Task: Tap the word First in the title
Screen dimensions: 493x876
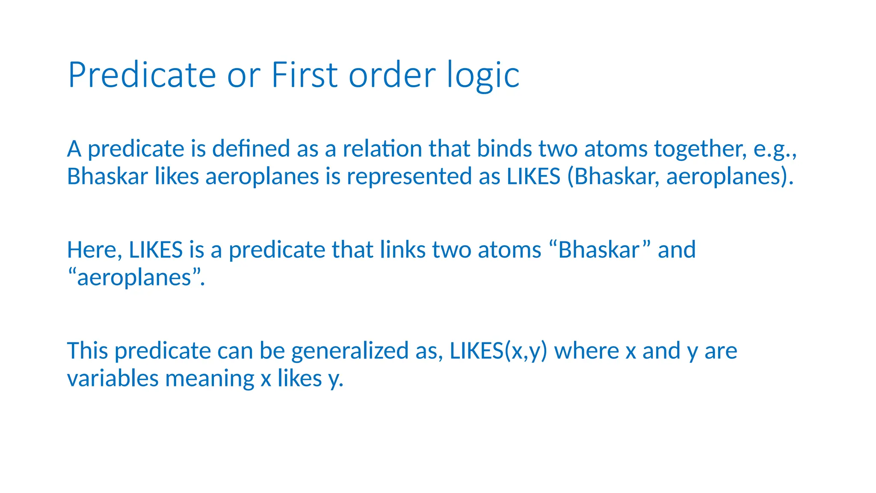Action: pyautogui.click(x=305, y=75)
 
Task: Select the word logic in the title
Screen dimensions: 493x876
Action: pyautogui.click(x=483, y=75)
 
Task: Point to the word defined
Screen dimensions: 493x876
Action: pyautogui.click(x=251, y=149)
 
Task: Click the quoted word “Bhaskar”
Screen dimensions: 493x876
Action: pyautogui.click(x=599, y=250)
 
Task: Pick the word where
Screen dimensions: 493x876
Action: pyautogui.click(x=586, y=351)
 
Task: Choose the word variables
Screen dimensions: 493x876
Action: pyautogui.click(x=112, y=379)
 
